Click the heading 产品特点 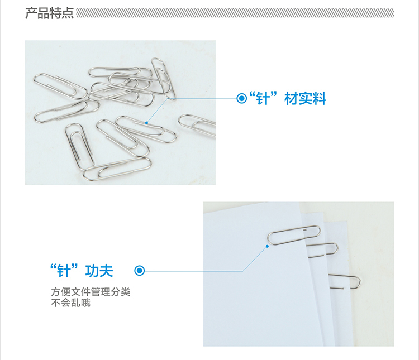click(x=49, y=13)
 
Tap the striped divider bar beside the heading click(x=235, y=13)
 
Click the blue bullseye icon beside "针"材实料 click(x=241, y=98)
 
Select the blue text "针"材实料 click(x=288, y=98)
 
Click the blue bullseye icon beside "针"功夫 click(x=140, y=271)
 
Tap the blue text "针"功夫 click(x=82, y=271)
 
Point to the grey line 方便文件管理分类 click(x=91, y=292)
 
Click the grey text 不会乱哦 click(x=71, y=303)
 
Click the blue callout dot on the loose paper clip click(x=146, y=123)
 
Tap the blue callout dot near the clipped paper click(x=267, y=246)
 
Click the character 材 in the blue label click(x=291, y=98)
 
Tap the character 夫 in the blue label click(x=106, y=271)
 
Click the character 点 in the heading click(x=68, y=13)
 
